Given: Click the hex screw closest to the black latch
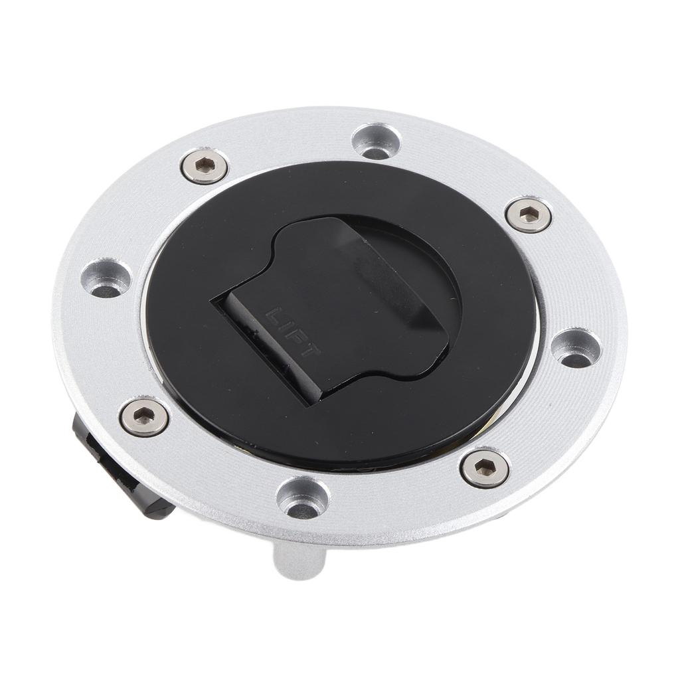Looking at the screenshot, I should tap(144, 417).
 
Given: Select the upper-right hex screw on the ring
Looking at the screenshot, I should tap(528, 213).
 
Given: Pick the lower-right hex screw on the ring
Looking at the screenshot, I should tap(485, 468).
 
